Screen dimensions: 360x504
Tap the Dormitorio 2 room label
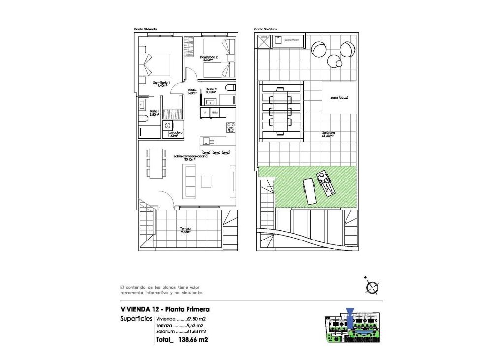(209, 58)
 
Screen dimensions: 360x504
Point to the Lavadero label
(175, 134)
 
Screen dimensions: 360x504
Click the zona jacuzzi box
(339, 98)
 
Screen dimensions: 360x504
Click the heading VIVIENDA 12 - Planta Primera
(165, 309)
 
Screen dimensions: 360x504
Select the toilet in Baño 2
(229, 88)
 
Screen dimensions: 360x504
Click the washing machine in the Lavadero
(168, 126)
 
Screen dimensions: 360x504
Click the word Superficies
(135, 319)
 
